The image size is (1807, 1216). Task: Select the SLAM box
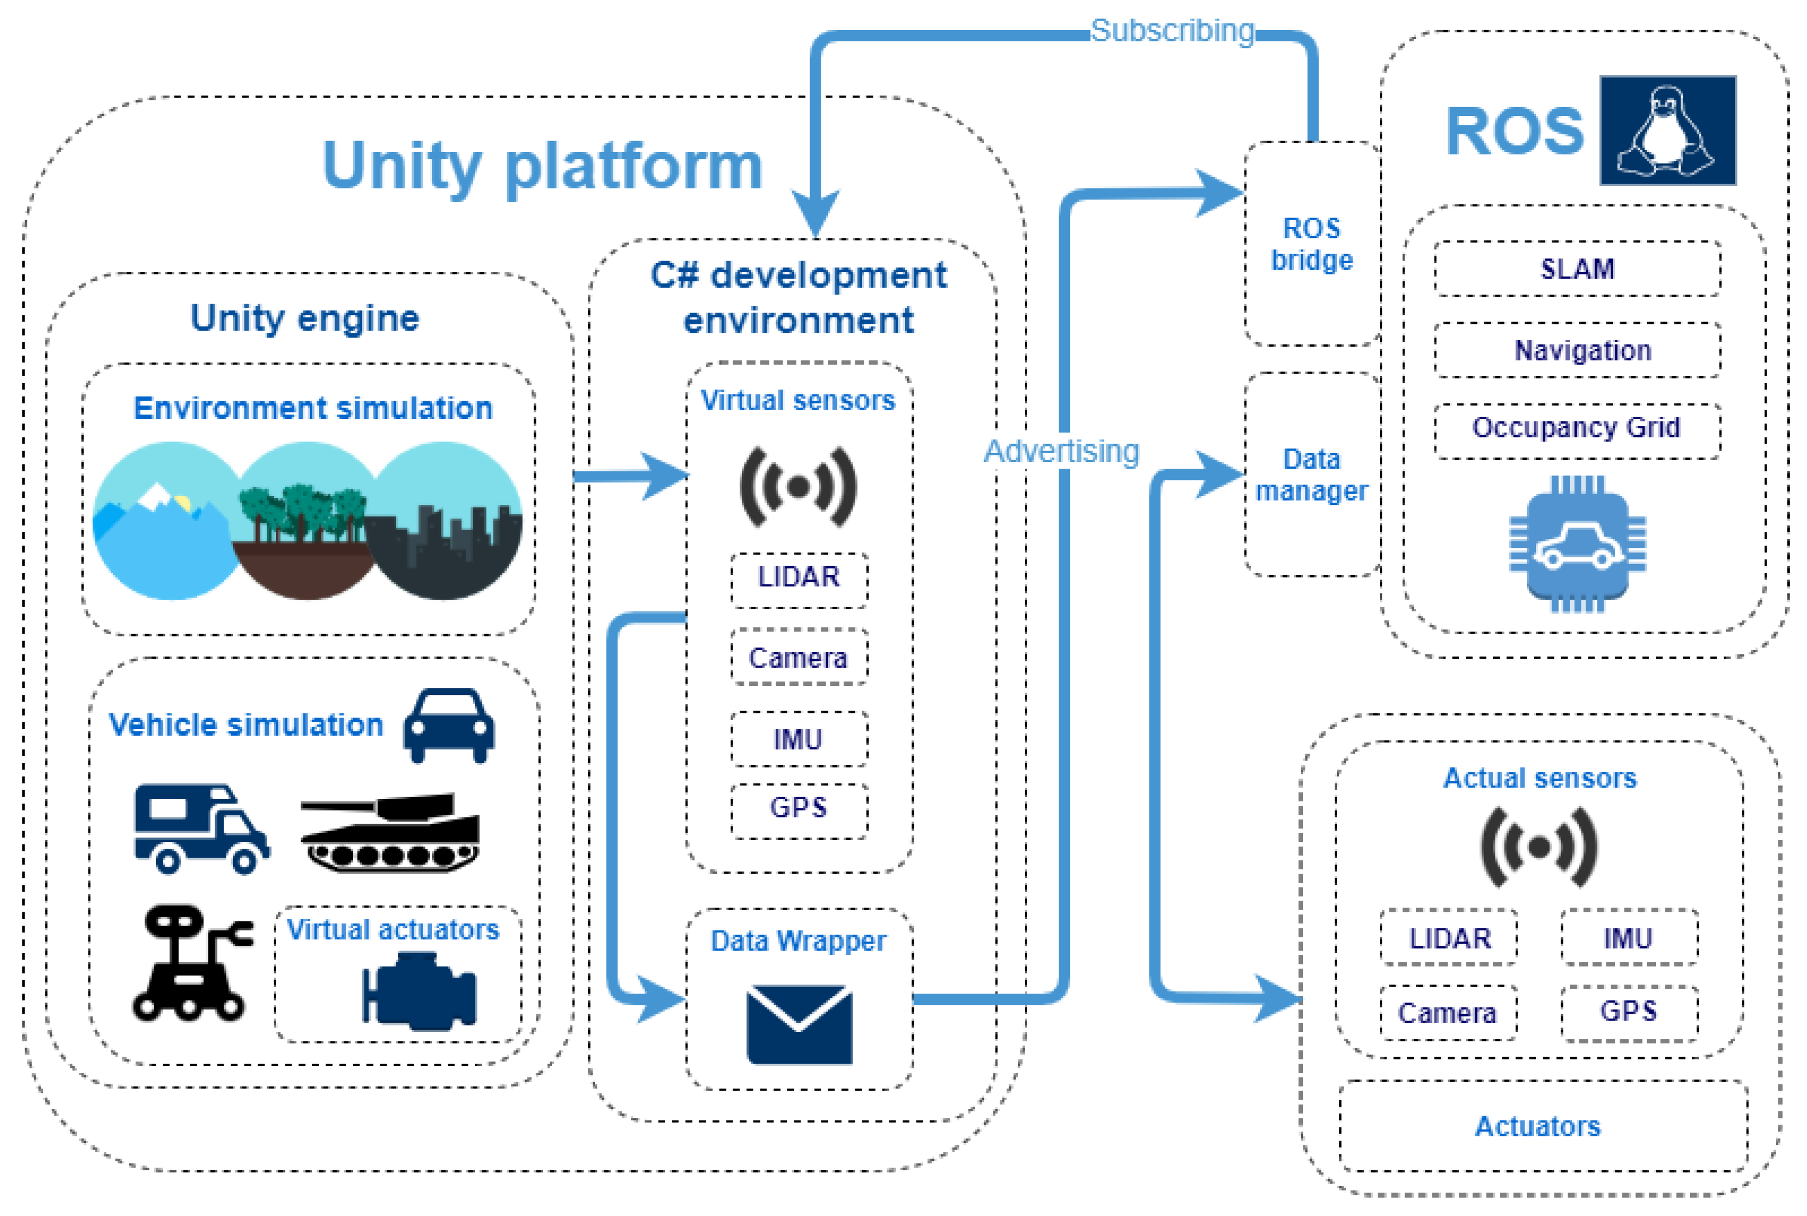click(x=1577, y=268)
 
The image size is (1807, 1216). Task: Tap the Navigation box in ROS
click(x=1577, y=351)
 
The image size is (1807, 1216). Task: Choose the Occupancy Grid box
click(x=1577, y=428)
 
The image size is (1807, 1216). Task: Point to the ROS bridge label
click(x=1311, y=244)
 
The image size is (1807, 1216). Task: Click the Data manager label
click(x=1311, y=475)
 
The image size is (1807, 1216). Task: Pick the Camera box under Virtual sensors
click(x=798, y=658)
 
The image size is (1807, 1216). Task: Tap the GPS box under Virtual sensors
click(x=798, y=808)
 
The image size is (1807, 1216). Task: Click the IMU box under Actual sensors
click(x=1628, y=938)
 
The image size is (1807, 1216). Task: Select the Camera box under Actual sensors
click(x=1448, y=1013)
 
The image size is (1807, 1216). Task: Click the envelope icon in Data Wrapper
click(x=798, y=1024)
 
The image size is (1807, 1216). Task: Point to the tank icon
click(x=391, y=831)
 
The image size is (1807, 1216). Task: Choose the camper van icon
click(x=200, y=828)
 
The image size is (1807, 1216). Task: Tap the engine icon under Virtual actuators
click(x=419, y=993)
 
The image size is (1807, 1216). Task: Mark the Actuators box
click(x=1538, y=1126)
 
